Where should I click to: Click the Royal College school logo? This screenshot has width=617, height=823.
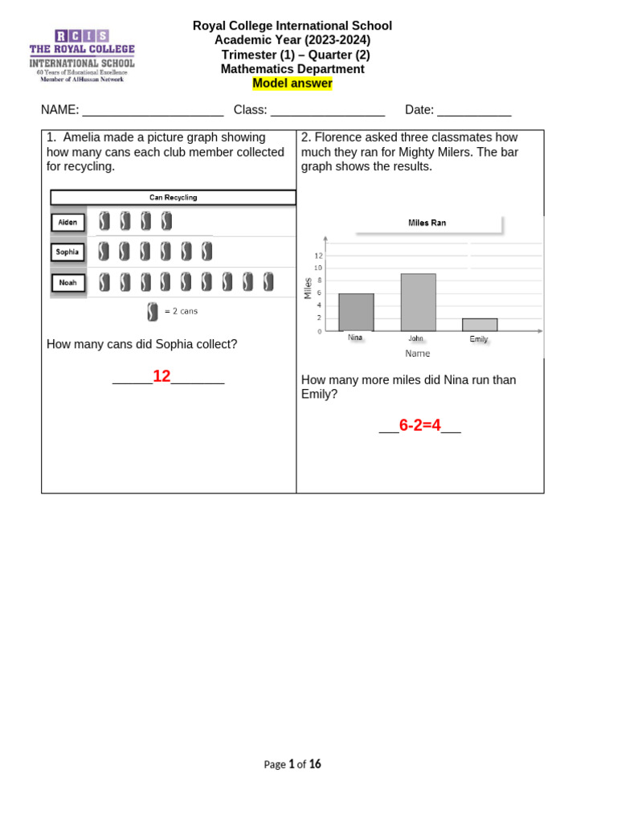pos(82,55)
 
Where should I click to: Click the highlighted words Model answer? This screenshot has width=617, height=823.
pos(292,84)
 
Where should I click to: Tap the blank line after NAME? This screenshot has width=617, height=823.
pos(153,111)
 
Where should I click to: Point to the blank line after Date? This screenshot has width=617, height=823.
pos(474,111)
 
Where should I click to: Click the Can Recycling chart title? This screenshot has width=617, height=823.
pos(173,198)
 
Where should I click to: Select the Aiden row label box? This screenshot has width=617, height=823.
pos(67,222)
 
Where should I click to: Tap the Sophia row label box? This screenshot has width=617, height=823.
pos(67,252)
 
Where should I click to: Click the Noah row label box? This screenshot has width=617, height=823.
pos(67,282)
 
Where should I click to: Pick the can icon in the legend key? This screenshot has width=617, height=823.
pos(153,311)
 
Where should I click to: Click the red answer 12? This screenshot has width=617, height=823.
pos(161,376)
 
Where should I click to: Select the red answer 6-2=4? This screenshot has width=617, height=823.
pos(420,425)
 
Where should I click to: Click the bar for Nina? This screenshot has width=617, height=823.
pos(356,312)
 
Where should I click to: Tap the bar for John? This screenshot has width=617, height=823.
pos(418,302)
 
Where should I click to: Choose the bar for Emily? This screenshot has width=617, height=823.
pos(479,325)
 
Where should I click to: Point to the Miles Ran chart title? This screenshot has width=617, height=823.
pos(427,223)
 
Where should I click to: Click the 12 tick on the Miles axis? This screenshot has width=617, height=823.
pos(318,256)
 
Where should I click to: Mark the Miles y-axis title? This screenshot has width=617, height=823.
pos(307,288)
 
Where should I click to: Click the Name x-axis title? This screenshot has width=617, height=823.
pos(417,354)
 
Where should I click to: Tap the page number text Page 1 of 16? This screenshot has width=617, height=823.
pos(292,764)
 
